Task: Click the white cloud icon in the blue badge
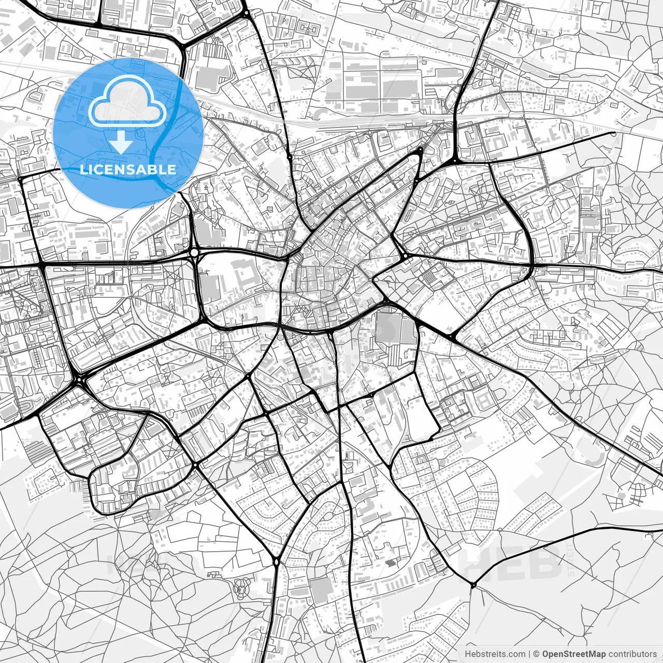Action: [127, 102]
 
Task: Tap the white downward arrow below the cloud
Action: [121, 142]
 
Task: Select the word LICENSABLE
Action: [128, 169]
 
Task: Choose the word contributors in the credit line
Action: [632, 654]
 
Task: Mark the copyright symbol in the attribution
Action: [537, 654]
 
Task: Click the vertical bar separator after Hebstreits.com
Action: [529, 654]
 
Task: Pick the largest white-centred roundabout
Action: [194, 253]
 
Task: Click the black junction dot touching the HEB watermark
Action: [473, 585]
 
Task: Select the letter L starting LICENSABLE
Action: [83, 169]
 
